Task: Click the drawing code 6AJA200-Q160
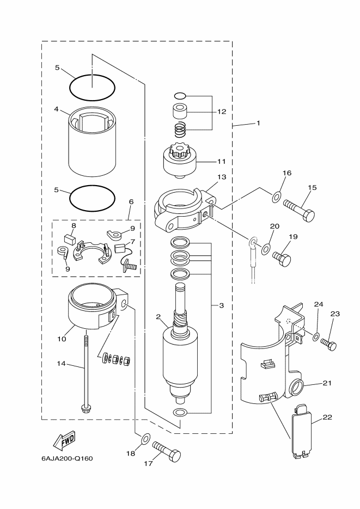[67, 458]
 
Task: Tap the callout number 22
[327, 417]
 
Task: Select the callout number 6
[131, 201]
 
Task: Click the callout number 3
[221, 306]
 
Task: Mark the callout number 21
[327, 383]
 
